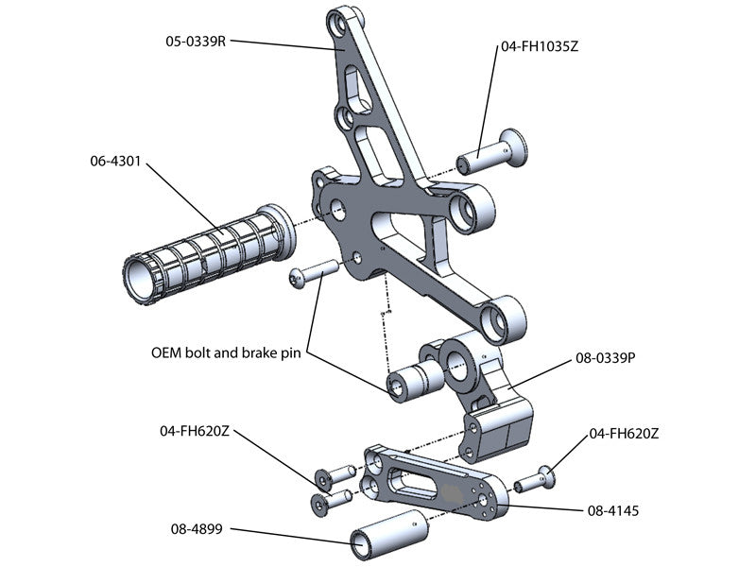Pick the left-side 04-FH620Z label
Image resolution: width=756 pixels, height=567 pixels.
(194, 430)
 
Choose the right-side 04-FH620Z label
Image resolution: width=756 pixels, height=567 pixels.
(623, 434)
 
